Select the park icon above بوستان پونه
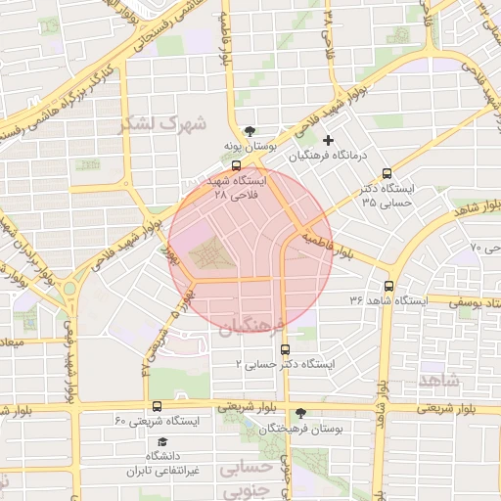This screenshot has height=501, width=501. coord(250,130)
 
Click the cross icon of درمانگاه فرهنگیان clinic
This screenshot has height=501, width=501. coord(328,140)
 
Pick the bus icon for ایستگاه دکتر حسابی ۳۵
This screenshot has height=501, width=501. coord(388,170)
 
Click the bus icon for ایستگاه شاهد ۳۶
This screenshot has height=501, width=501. coord(389,287)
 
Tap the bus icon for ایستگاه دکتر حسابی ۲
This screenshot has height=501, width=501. coord(285,348)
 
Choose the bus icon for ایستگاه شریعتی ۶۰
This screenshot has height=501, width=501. coord(158,405)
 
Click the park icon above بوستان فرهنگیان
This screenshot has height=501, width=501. coord(300,413)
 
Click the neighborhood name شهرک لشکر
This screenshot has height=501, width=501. coord(162,124)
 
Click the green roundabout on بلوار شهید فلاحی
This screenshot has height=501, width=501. coord(68,289)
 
